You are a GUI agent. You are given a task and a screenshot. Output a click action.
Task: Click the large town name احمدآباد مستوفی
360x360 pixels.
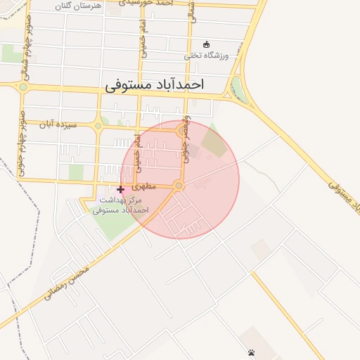[155, 85]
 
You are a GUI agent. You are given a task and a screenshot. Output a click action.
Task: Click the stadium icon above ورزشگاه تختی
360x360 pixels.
[206, 44]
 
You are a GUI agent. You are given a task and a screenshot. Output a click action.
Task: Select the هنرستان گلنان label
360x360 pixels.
[78, 5]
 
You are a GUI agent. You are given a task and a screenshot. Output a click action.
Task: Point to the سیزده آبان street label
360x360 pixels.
[56, 124]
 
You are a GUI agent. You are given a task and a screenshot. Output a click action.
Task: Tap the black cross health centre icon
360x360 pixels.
[120, 189]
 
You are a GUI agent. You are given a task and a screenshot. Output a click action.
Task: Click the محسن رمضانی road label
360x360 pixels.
[67, 283]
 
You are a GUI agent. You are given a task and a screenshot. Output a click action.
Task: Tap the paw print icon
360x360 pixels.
[251, 352]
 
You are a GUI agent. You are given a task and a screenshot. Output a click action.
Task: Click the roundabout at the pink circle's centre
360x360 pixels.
[179, 185]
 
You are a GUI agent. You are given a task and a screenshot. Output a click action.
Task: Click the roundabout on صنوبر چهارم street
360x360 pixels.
[22, 87]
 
